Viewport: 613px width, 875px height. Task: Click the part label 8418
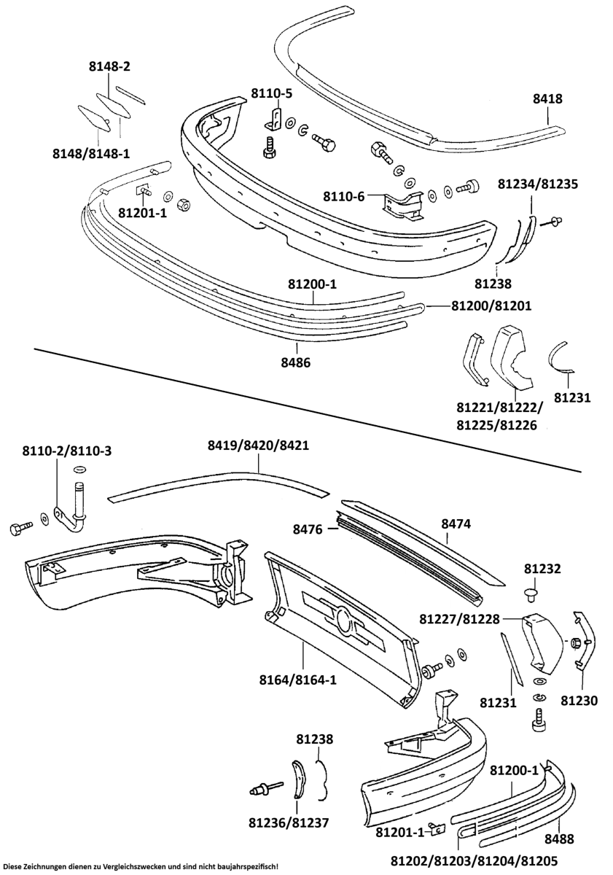(547, 100)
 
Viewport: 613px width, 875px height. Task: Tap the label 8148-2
(109, 67)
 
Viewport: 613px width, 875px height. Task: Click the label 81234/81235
(538, 184)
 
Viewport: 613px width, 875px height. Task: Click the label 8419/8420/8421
(259, 445)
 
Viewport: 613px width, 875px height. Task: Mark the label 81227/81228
(460, 619)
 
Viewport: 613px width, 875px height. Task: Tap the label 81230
(579, 701)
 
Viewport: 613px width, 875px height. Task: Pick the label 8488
(559, 839)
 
